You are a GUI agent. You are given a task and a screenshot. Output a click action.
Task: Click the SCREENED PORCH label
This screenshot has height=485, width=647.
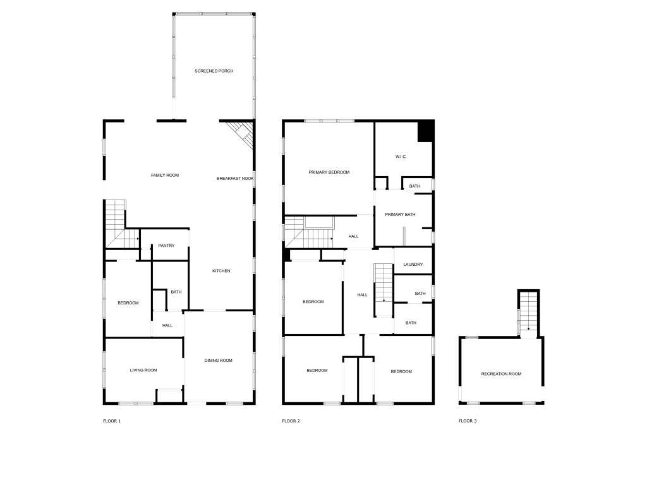tap(214, 71)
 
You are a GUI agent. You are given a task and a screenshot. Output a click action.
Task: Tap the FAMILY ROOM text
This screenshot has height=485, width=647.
tap(165, 175)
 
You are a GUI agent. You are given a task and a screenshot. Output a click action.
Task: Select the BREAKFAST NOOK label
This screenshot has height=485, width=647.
tap(235, 179)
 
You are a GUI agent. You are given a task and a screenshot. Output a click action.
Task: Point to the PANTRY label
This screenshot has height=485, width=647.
tap(166, 246)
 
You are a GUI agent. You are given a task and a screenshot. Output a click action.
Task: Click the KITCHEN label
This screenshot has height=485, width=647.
tap(221, 271)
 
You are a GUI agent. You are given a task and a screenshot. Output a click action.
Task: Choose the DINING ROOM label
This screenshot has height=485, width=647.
tap(219, 361)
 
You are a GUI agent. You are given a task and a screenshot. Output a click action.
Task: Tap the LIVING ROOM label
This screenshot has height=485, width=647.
tap(143, 370)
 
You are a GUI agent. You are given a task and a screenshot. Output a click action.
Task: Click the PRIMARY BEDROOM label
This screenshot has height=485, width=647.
tap(329, 172)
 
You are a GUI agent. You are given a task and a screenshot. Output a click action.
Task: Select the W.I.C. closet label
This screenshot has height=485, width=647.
tap(401, 157)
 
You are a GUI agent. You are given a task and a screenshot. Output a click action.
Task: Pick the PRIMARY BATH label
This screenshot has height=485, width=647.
tap(401, 215)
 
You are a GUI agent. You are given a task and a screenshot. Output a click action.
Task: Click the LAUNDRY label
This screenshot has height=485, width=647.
tap(413, 265)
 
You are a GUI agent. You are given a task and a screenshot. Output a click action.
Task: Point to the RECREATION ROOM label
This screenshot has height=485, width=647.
tap(501, 374)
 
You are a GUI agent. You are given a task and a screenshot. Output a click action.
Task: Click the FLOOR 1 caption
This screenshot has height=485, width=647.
tap(112, 421)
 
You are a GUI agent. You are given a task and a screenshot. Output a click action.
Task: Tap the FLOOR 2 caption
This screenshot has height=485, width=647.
tap(291, 421)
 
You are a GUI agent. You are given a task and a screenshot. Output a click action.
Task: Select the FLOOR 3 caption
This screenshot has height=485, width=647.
tap(468, 421)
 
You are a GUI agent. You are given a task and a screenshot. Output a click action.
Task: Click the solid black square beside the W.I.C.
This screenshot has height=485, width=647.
tap(426, 131)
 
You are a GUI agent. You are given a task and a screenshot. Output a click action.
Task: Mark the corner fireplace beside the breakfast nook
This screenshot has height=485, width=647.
tap(241, 133)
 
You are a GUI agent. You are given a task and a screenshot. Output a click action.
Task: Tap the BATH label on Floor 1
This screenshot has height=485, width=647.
tap(176, 292)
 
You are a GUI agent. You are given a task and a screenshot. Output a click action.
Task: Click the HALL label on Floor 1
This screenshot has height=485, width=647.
tap(167, 325)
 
